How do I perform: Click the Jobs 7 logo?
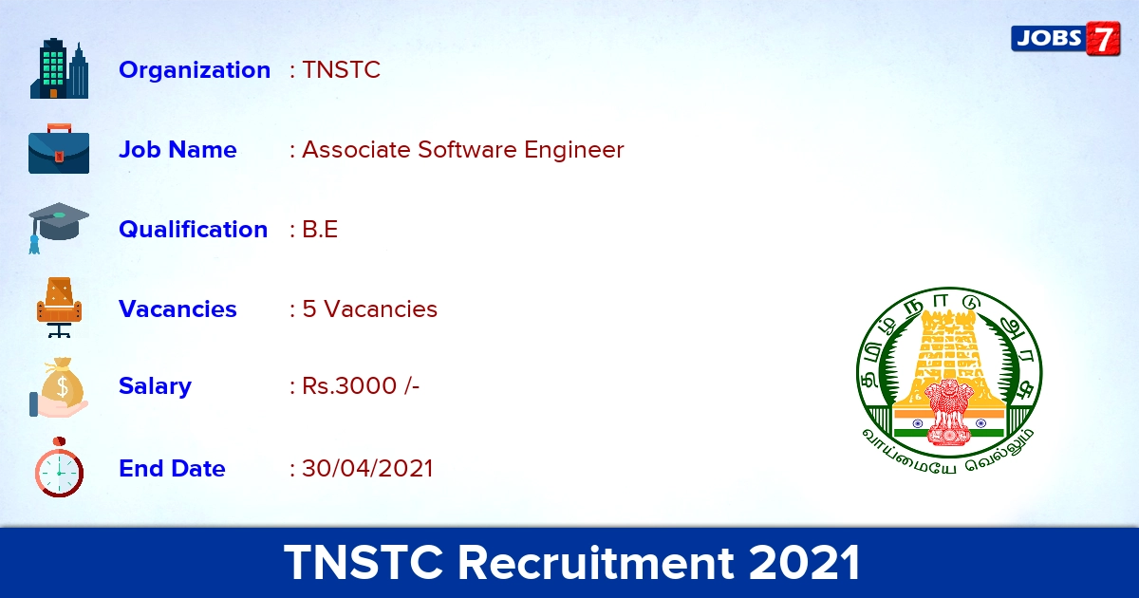[x=1065, y=39]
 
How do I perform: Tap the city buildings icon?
[x=59, y=68]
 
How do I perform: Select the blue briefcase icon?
[x=59, y=149]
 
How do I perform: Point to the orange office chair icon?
[x=59, y=308]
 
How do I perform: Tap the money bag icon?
[x=59, y=387]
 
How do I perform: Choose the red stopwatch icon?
[x=59, y=467]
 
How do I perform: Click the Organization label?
[x=195, y=69]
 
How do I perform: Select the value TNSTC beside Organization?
[x=341, y=69]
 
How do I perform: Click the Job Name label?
[x=177, y=150]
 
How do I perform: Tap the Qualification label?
[x=194, y=230]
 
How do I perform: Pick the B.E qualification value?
[x=320, y=230]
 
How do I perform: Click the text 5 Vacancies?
[x=369, y=309]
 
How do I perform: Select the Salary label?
[x=155, y=386]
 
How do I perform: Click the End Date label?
[x=172, y=468]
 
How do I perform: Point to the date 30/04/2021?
[x=367, y=468]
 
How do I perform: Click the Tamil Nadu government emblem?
[x=949, y=381]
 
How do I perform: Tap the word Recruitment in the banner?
[x=596, y=563]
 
